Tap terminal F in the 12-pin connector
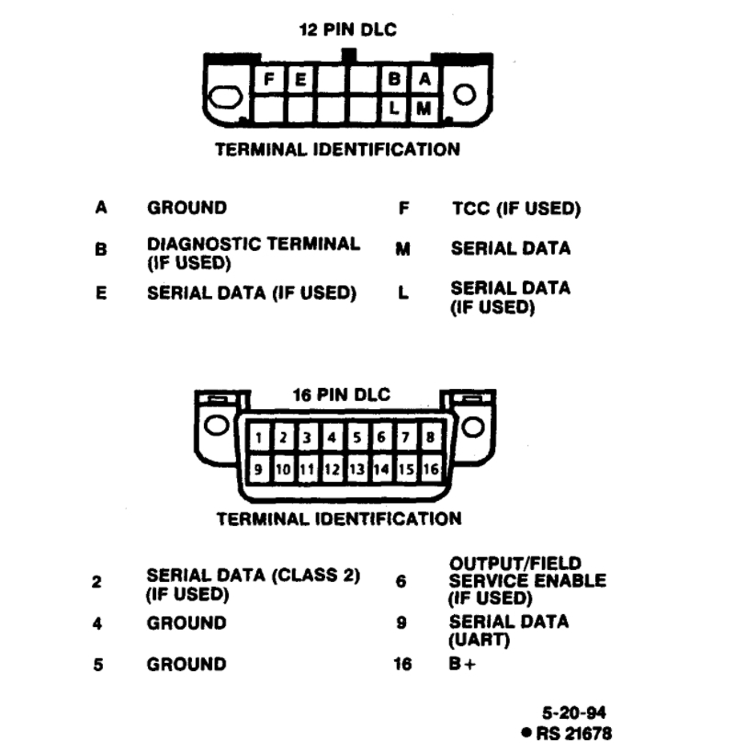click(271, 80)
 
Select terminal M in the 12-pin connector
click(424, 108)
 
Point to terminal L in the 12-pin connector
click(397, 108)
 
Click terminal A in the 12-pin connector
click(424, 80)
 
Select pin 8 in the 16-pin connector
click(429, 438)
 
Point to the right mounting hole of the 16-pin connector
click(473, 427)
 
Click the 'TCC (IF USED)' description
click(515, 209)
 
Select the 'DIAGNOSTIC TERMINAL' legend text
click(254, 245)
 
